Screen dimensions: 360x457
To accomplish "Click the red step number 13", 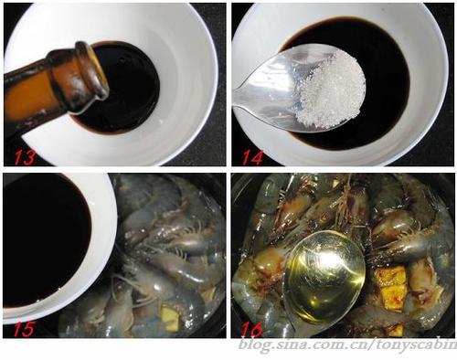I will coord(25,156).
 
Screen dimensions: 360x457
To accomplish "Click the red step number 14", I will coord(251,156).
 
